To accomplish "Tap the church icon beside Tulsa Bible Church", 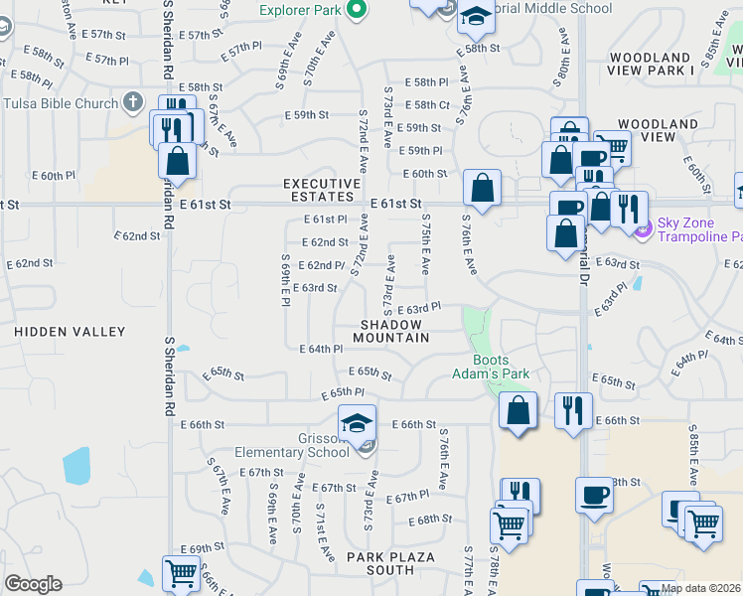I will (135, 102).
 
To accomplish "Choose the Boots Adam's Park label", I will (501, 367).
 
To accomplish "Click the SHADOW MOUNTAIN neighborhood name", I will (395, 331).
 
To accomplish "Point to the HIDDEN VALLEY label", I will (70, 331).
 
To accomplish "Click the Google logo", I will (33, 584).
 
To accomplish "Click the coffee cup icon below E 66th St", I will (594, 495).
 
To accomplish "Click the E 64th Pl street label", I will (321, 349).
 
